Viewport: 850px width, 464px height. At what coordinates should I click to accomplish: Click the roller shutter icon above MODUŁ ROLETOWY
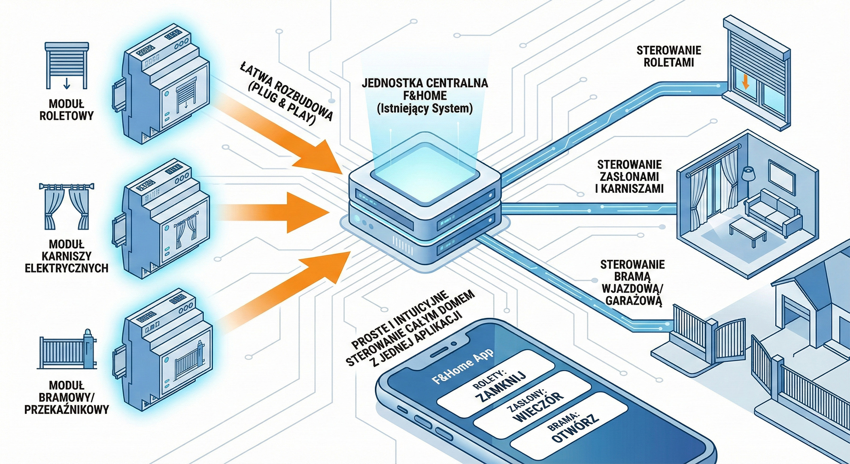tap(67, 65)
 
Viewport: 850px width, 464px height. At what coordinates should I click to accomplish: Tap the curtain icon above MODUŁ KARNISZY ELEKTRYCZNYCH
tap(67, 206)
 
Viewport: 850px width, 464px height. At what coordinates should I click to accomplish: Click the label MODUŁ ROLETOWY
tap(67, 110)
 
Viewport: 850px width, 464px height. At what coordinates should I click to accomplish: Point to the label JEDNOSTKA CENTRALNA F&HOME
tap(425, 89)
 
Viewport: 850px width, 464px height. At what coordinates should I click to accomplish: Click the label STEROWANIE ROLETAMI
tap(668, 56)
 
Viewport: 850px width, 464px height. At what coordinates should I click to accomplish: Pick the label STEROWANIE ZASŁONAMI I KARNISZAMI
tap(629, 177)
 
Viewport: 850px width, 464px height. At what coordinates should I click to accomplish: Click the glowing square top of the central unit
tap(425, 168)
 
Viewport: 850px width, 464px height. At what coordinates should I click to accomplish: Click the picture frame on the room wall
tap(780, 177)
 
